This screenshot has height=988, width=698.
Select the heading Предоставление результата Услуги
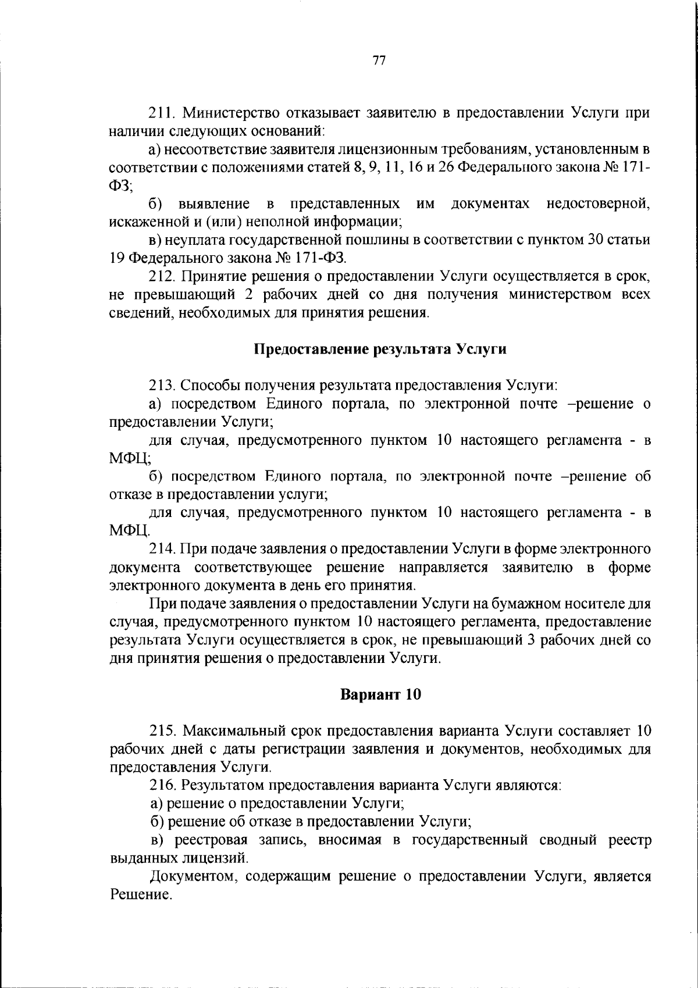pos(380,349)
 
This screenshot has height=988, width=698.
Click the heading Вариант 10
pos(380,695)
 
